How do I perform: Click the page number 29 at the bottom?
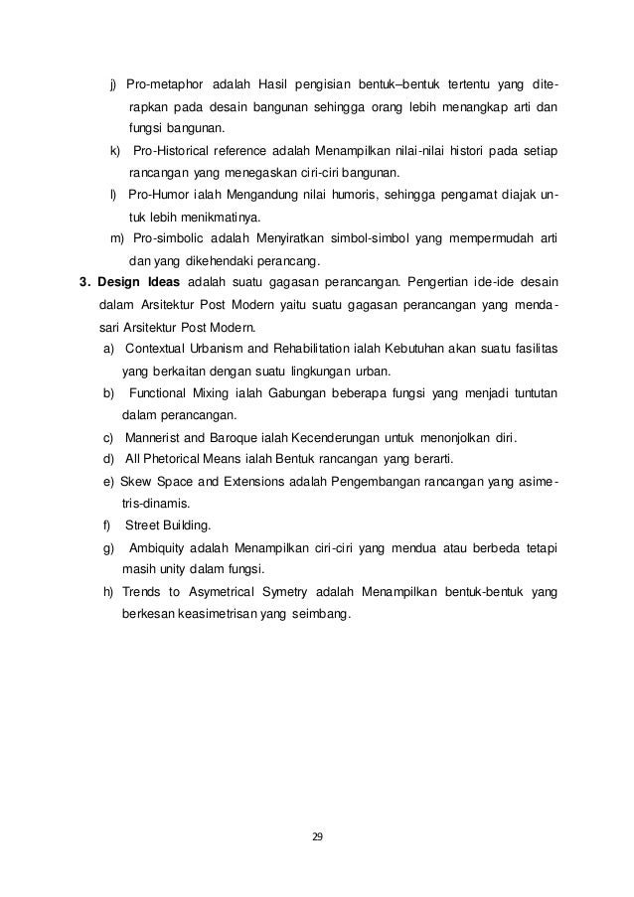pyautogui.click(x=317, y=836)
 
